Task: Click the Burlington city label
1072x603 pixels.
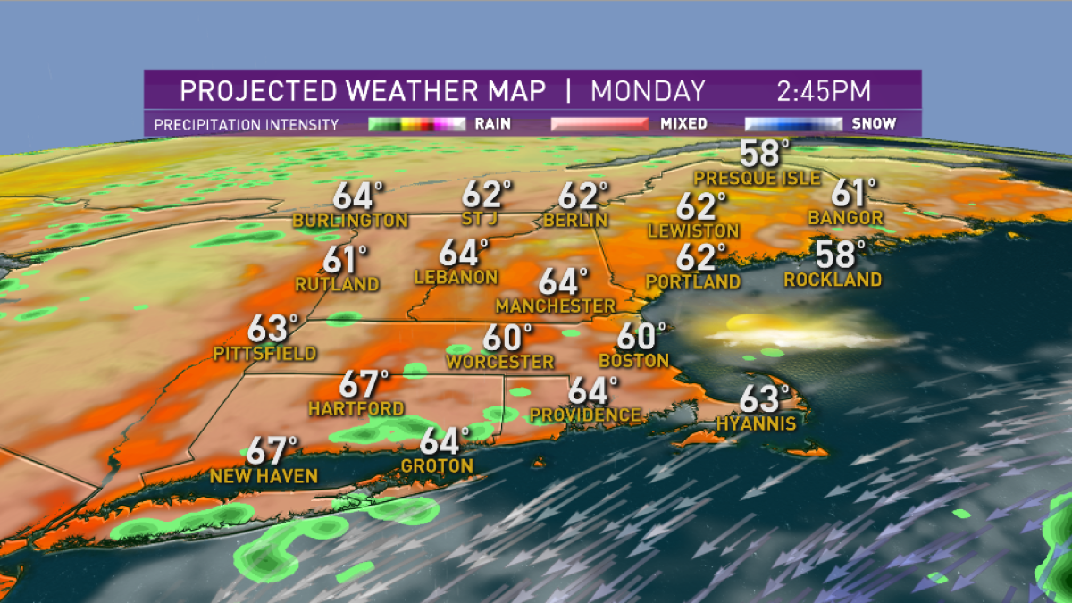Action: coord(349,221)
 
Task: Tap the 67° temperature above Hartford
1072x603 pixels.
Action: coord(364,385)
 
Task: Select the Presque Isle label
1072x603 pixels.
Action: coord(757,179)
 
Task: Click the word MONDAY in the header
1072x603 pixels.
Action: coord(648,91)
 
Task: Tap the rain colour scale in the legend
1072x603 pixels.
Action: coord(416,124)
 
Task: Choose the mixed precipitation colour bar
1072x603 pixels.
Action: coord(599,124)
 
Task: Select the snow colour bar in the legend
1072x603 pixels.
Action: coord(792,124)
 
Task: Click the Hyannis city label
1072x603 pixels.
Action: coord(756,423)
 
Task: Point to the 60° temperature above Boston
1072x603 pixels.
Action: coord(641,337)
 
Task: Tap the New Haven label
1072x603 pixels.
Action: coord(264,476)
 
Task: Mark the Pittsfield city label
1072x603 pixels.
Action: coord(264,354)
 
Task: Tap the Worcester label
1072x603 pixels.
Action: coord(500,362)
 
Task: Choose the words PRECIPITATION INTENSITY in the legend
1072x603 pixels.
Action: coord(247,125)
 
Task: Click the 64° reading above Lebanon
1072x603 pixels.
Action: coord(465,253)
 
